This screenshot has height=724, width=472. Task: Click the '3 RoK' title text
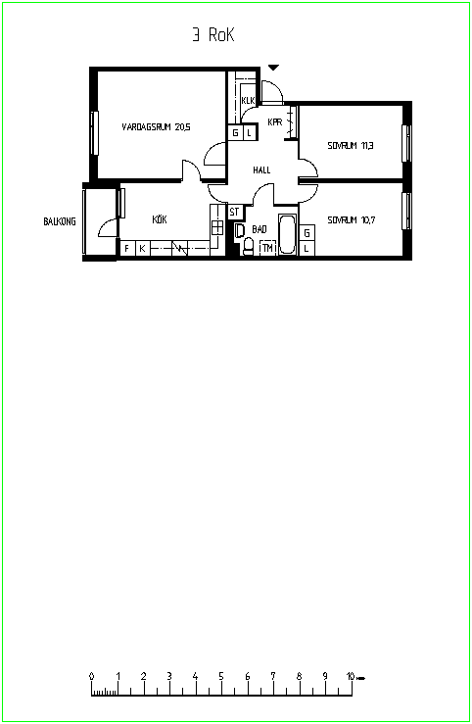click(213, 35)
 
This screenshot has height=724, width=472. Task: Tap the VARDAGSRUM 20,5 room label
click(156, 127)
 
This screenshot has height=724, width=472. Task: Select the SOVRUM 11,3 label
click(351, 145)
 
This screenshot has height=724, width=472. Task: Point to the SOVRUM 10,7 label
click(352, 219)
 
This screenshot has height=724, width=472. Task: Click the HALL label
click(261, 169)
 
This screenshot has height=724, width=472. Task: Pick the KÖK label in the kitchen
click(160, 218)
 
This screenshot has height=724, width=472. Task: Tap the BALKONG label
click(60, 221)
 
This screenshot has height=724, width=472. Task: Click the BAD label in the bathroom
click(260, 229)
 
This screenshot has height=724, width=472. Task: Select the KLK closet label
click(248, 100)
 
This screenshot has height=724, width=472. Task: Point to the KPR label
click(275, 121)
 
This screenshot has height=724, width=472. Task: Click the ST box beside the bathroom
click(235, 212)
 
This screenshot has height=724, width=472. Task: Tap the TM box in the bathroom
click(267, 248)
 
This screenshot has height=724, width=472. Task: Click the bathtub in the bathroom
click(288, 233)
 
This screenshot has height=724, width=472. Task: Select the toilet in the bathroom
click(248, 246)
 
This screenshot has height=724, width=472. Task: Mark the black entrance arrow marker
click(274, 68)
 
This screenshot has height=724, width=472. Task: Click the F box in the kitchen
click(127, 248)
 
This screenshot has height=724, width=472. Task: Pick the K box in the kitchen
click(143, 248)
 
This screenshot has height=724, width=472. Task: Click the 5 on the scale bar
click(221, 676)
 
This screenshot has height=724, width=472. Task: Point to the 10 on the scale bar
click(351, 676)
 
